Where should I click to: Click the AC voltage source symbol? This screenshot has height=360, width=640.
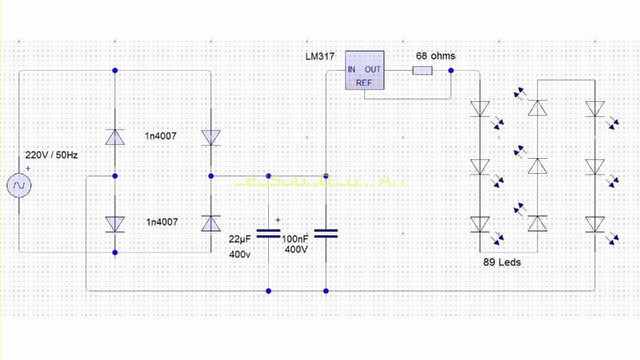tap(19, 186)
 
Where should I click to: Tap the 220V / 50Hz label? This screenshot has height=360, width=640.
tap(51, 155)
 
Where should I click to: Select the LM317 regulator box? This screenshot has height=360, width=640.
tap(364, 75)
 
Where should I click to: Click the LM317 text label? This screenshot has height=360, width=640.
tap(321, 56)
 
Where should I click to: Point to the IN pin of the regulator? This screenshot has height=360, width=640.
tap(352, 69)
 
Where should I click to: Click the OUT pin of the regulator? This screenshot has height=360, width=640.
tap(373, 69)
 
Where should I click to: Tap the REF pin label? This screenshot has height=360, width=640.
tap(364, 82)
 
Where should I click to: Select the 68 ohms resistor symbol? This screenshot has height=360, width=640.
tap(422, 70)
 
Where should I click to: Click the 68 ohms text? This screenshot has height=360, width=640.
tap(436, 56)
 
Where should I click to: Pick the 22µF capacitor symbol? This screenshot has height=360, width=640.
tap(269, 233)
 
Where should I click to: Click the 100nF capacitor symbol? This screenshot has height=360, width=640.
tap(326, 233)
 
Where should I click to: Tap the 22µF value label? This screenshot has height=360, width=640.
tap(239, 239)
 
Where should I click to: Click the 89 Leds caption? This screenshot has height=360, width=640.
tap(501, 262)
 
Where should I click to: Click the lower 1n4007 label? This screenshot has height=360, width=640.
tap(162, 222)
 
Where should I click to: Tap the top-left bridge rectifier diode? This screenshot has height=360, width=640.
tap(114, 137)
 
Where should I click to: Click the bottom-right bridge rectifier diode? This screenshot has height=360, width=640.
tap(211, 223)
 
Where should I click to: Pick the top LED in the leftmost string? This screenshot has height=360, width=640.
tap(480, 108)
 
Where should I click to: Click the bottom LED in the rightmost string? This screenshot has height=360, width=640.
tap(595, 224)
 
